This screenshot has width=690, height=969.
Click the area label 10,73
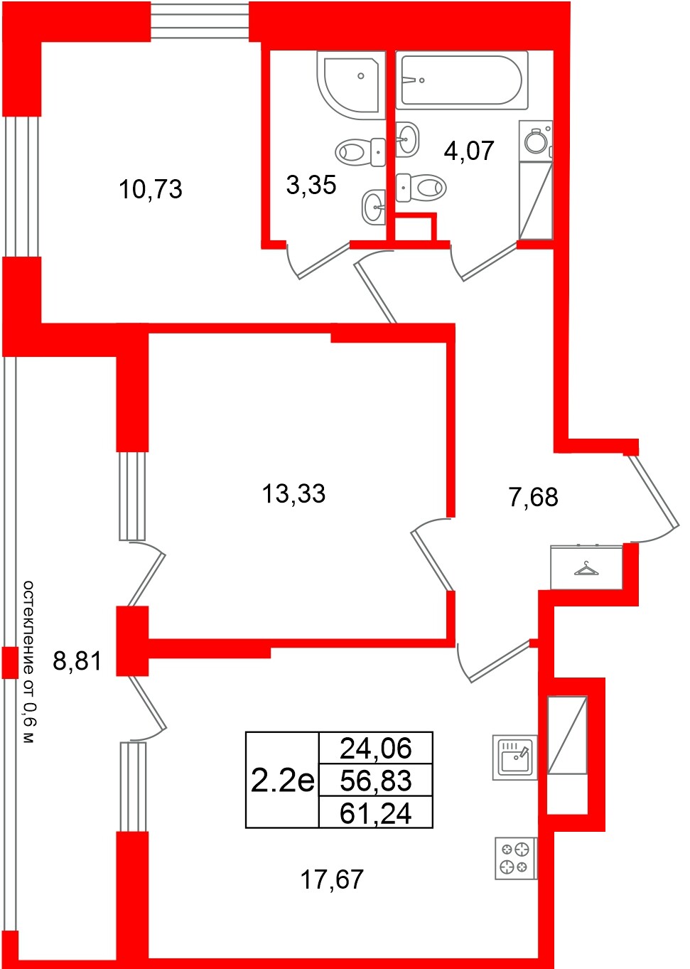tap(151, 189)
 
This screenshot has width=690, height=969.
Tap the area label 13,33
tap(293, 493)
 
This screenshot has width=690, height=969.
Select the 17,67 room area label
tap(332, 879)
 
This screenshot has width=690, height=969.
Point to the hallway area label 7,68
tap(533, 497)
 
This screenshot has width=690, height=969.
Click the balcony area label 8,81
tap(77, 661)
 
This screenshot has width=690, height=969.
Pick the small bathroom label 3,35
tap(311, 185)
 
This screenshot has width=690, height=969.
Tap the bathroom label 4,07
tap(468, 150)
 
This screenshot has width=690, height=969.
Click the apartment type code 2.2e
tap(282, 781)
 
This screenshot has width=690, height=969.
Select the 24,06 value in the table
tap(376, 748)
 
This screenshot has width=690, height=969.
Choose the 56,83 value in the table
tap(376, 781)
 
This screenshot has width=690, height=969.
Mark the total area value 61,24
tap(376, 813)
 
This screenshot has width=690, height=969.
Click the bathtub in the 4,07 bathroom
tap(461, 80)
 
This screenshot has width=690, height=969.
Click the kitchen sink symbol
tap(514, 757)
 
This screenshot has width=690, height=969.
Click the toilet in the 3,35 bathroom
tap(358, 151)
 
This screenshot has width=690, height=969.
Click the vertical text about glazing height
tap(28, 661)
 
